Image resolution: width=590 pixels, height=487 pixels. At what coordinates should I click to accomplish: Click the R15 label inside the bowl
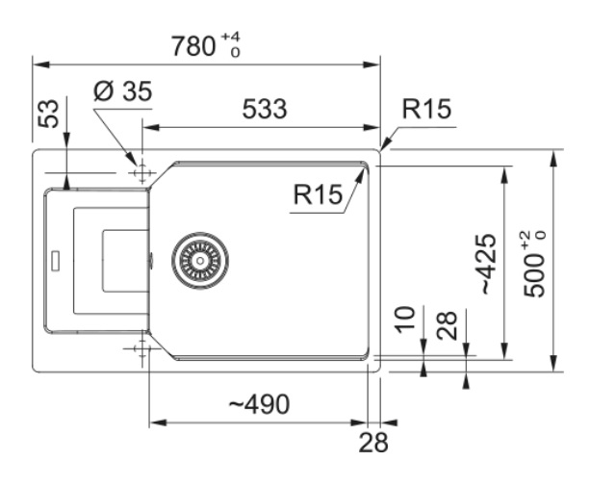319,196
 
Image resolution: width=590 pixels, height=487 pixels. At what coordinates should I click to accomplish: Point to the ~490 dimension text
258,405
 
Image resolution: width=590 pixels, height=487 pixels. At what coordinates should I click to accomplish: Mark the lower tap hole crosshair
141,347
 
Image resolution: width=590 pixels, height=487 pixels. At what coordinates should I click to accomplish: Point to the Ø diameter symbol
106,92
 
